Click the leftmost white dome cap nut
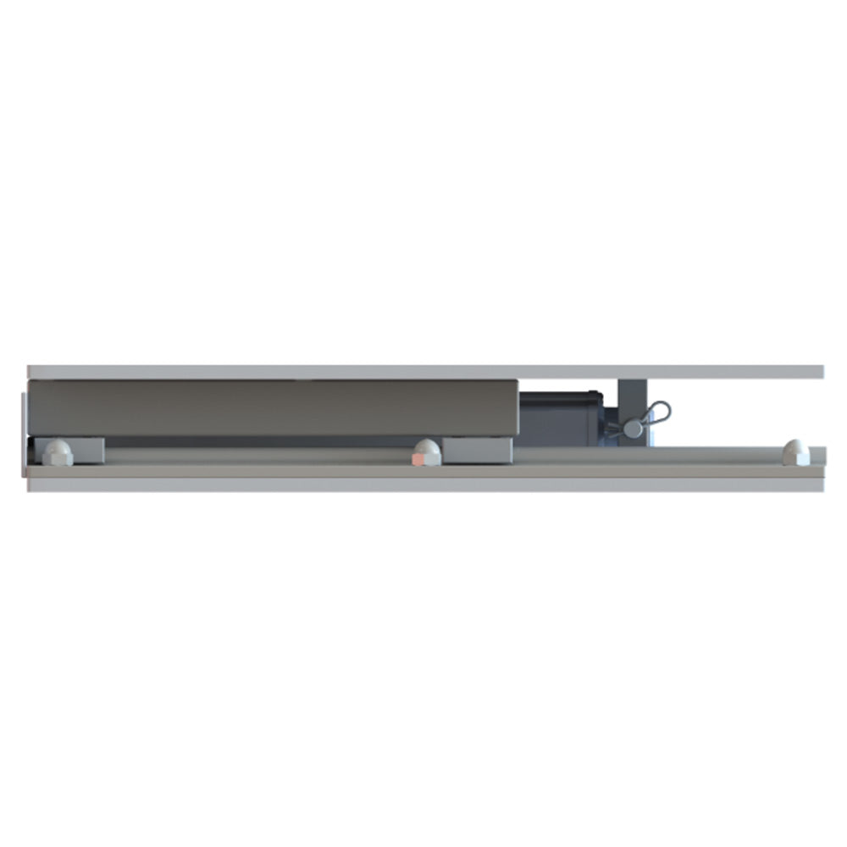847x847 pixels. pyautogui.click(x=57, y=451)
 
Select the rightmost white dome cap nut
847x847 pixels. pyautogui.click(x=794, y=451)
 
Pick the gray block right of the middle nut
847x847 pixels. pyautogui.click(x=478, y=450)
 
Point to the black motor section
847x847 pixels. pyautogui.click(x=559, y=418)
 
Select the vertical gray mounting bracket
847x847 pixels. pyautogui.click(x=632, y=398)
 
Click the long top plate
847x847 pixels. pyautogui.click(x=423, y=372)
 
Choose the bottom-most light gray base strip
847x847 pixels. pyautogui.click(x=423, y=485)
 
